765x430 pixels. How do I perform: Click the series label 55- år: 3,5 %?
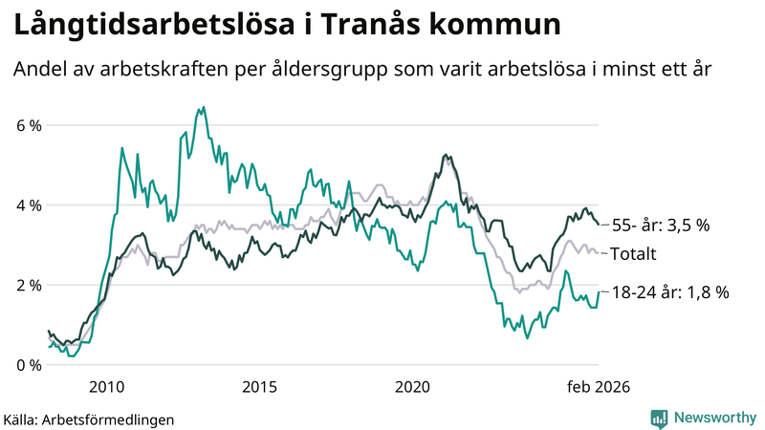(x=659, y=226)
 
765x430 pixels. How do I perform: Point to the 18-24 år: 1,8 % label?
(x=669, y=292)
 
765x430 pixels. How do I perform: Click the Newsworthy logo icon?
(x=659, y=418)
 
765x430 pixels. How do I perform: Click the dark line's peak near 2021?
(x=446, y=155)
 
